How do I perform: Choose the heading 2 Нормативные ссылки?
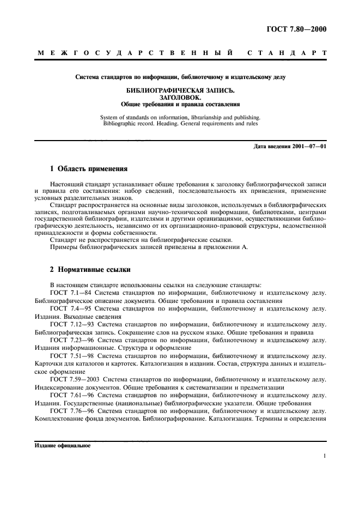coord(90,270)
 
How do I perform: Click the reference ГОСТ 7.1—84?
coord(69,293)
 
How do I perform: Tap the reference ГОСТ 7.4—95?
coord(69,308)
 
